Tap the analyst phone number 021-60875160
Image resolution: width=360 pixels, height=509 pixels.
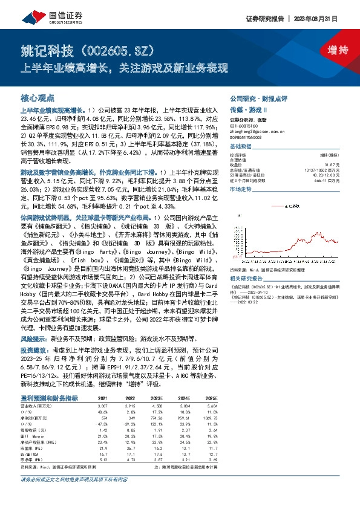pyautogui.click(x=245, y=125)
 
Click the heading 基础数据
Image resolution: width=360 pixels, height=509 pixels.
pyautogui.click(x=240, y=146)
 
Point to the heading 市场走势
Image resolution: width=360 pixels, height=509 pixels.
pyautogui.click(x=240, y=189)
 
